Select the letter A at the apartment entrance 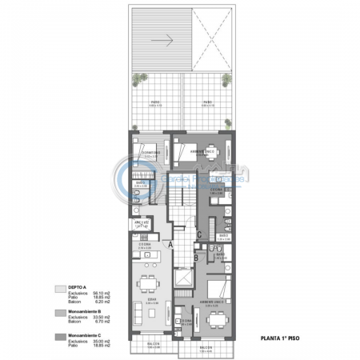coord(170,243)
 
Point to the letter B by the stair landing coord(196,258)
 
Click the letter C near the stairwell coord(199,234)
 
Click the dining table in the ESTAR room coord(148,284)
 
